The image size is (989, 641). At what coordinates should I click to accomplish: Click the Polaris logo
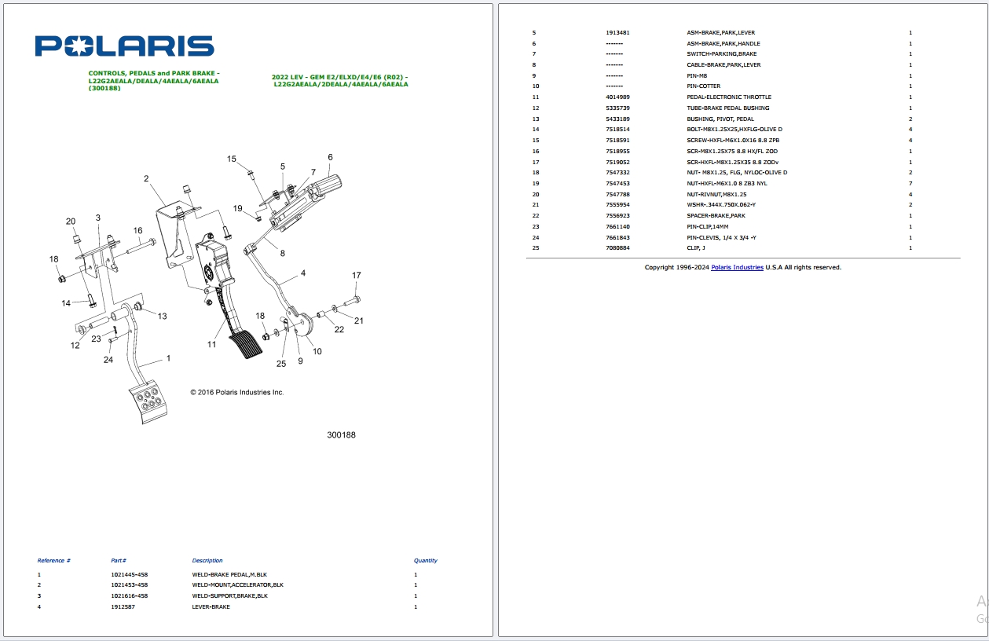pyautogui.click(x=124, y=46)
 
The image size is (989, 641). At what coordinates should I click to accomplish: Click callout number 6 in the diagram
pyautogui.click(x=330, y=157)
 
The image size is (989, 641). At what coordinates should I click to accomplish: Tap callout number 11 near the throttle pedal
pyautogui.click(x=211, y=344)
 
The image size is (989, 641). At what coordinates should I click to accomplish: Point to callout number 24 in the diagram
pyautogui.click(x=108, y=360)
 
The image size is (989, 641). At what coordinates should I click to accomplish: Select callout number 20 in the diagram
pyautogui.click(x=71, y=221)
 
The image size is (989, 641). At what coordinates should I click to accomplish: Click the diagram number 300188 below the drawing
pyautogui.click(x=341, y=435)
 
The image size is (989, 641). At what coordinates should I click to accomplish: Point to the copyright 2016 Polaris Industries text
pyautogui.click(x=237, y=392)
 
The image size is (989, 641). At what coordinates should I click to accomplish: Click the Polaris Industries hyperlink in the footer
pyautogui.click(x=737, y=267)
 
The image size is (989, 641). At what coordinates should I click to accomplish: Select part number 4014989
pyautogui.click(x=617, y=97)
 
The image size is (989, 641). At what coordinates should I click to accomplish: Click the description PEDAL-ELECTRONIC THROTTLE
pyautogui.click(x=728, y=97)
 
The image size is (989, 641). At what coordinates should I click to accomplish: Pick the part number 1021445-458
pyautogui.click(x=129, y=574)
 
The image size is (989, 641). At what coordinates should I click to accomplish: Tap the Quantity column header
pyautogui.click(x=425, y=561)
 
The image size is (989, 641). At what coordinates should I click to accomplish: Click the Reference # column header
pyautogui.click(x=54, y=561)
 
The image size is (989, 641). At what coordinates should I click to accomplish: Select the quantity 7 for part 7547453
pyautogui.click(x=910, y=184)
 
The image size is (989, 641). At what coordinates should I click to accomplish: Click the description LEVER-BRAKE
pyautogui.click(x=211, y=606)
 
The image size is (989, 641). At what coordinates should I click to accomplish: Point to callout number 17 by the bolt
pyautogui.click(x=357, y=276)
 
